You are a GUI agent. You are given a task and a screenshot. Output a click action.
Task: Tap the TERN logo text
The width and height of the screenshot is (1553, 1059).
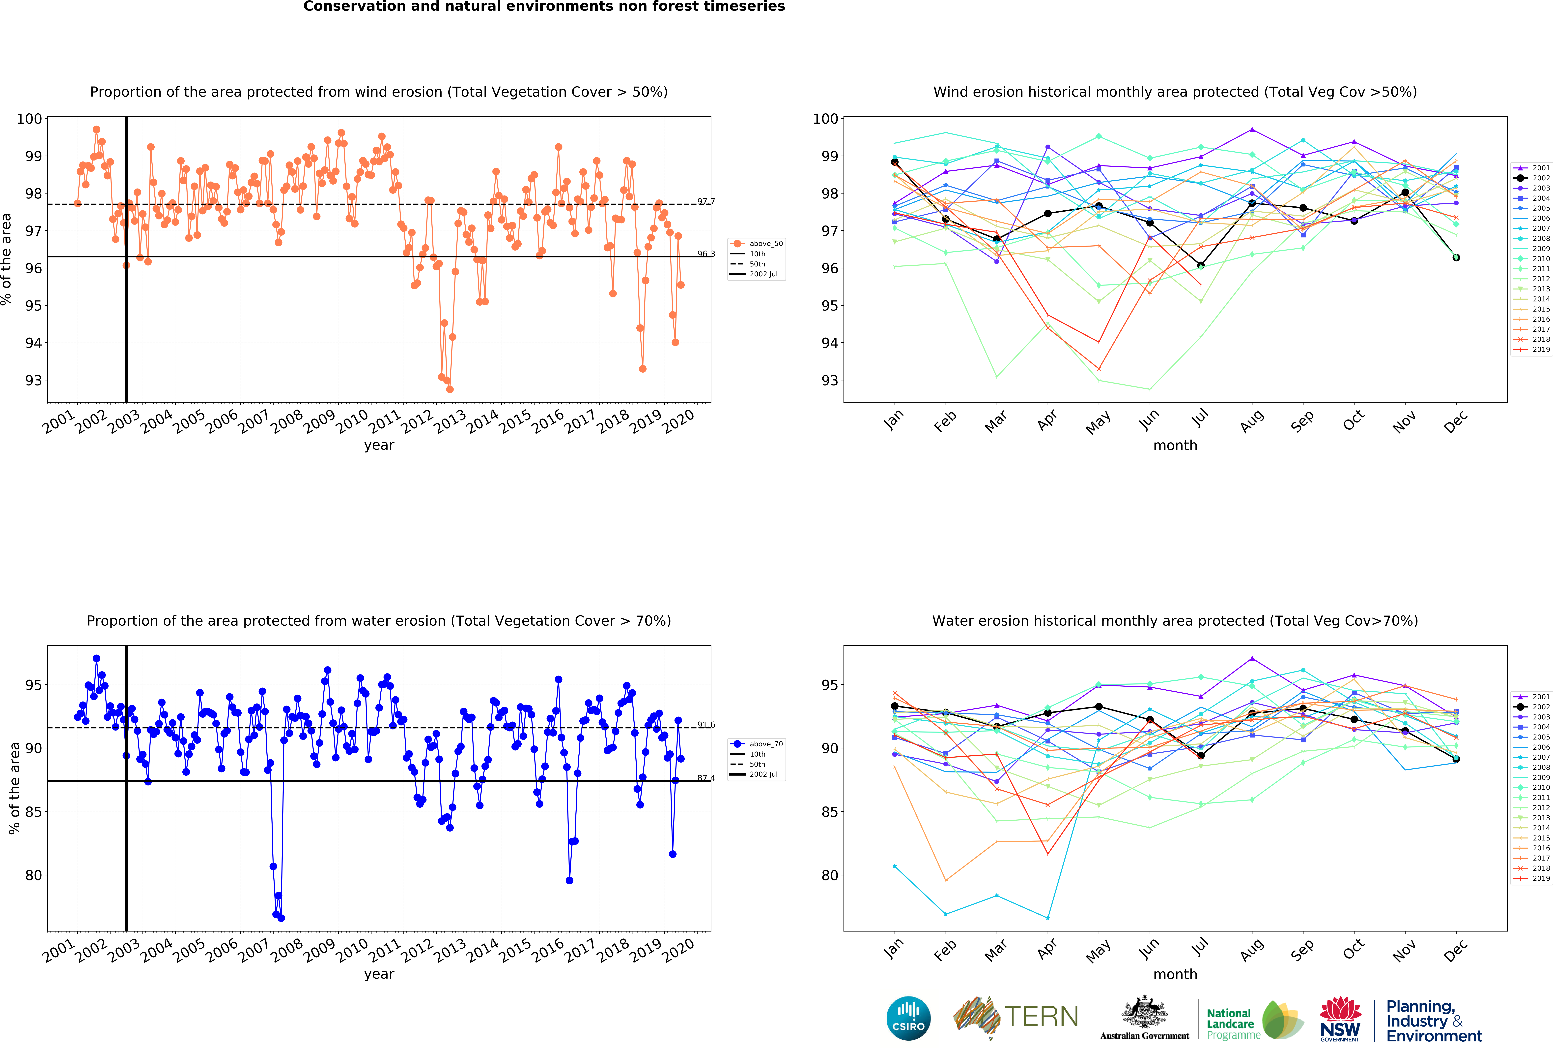click(1041, 1017)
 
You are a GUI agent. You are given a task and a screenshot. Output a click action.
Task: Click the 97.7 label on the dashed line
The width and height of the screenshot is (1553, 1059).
click(706, 201)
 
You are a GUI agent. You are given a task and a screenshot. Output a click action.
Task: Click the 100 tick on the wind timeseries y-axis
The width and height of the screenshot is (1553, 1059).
click(29, 119)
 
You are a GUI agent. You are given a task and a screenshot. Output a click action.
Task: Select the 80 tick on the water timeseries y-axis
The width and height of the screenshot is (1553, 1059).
click(33, 875)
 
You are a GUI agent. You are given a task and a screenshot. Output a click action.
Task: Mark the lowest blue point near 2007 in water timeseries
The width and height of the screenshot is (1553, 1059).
click(281, 918)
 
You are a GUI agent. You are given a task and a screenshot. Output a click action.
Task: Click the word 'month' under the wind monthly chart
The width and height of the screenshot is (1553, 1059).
click(1175, 445)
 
